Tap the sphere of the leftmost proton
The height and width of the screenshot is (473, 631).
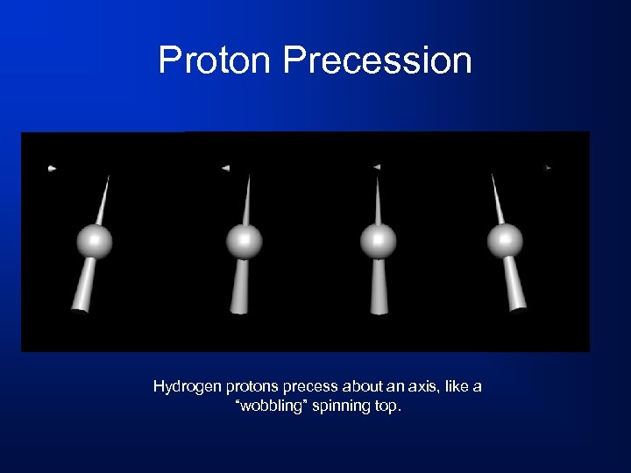click(95, 241)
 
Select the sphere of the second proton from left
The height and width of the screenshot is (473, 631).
click(245, 241)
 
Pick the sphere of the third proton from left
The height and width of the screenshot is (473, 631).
click(379, 241)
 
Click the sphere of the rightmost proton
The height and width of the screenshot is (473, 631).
click(505, 241)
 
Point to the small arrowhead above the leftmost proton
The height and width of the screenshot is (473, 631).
click(53, 167)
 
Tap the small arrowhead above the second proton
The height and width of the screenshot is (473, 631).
click(225, 167)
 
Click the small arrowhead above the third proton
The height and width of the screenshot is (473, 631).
click(376, 166)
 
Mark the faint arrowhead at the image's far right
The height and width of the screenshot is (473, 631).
click(548, 167)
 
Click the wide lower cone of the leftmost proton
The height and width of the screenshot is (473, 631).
click(83, 288)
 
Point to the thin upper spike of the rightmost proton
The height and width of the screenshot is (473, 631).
click(497, 198)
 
